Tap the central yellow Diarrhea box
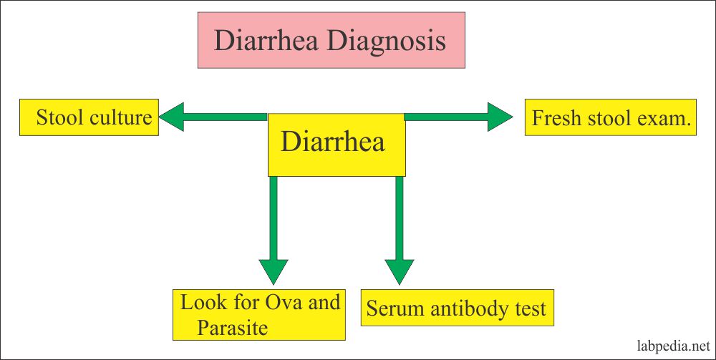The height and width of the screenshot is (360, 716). click(x=336, y=142)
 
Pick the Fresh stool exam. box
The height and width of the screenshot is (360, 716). click(x=611, y=117)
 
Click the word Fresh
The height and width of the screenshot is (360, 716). click(x=556, y=117)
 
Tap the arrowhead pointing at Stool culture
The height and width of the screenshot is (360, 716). click(x=172, y=117)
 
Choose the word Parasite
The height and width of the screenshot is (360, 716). click(x=234, y=328)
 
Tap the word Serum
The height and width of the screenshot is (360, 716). click(x=390, y=308)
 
